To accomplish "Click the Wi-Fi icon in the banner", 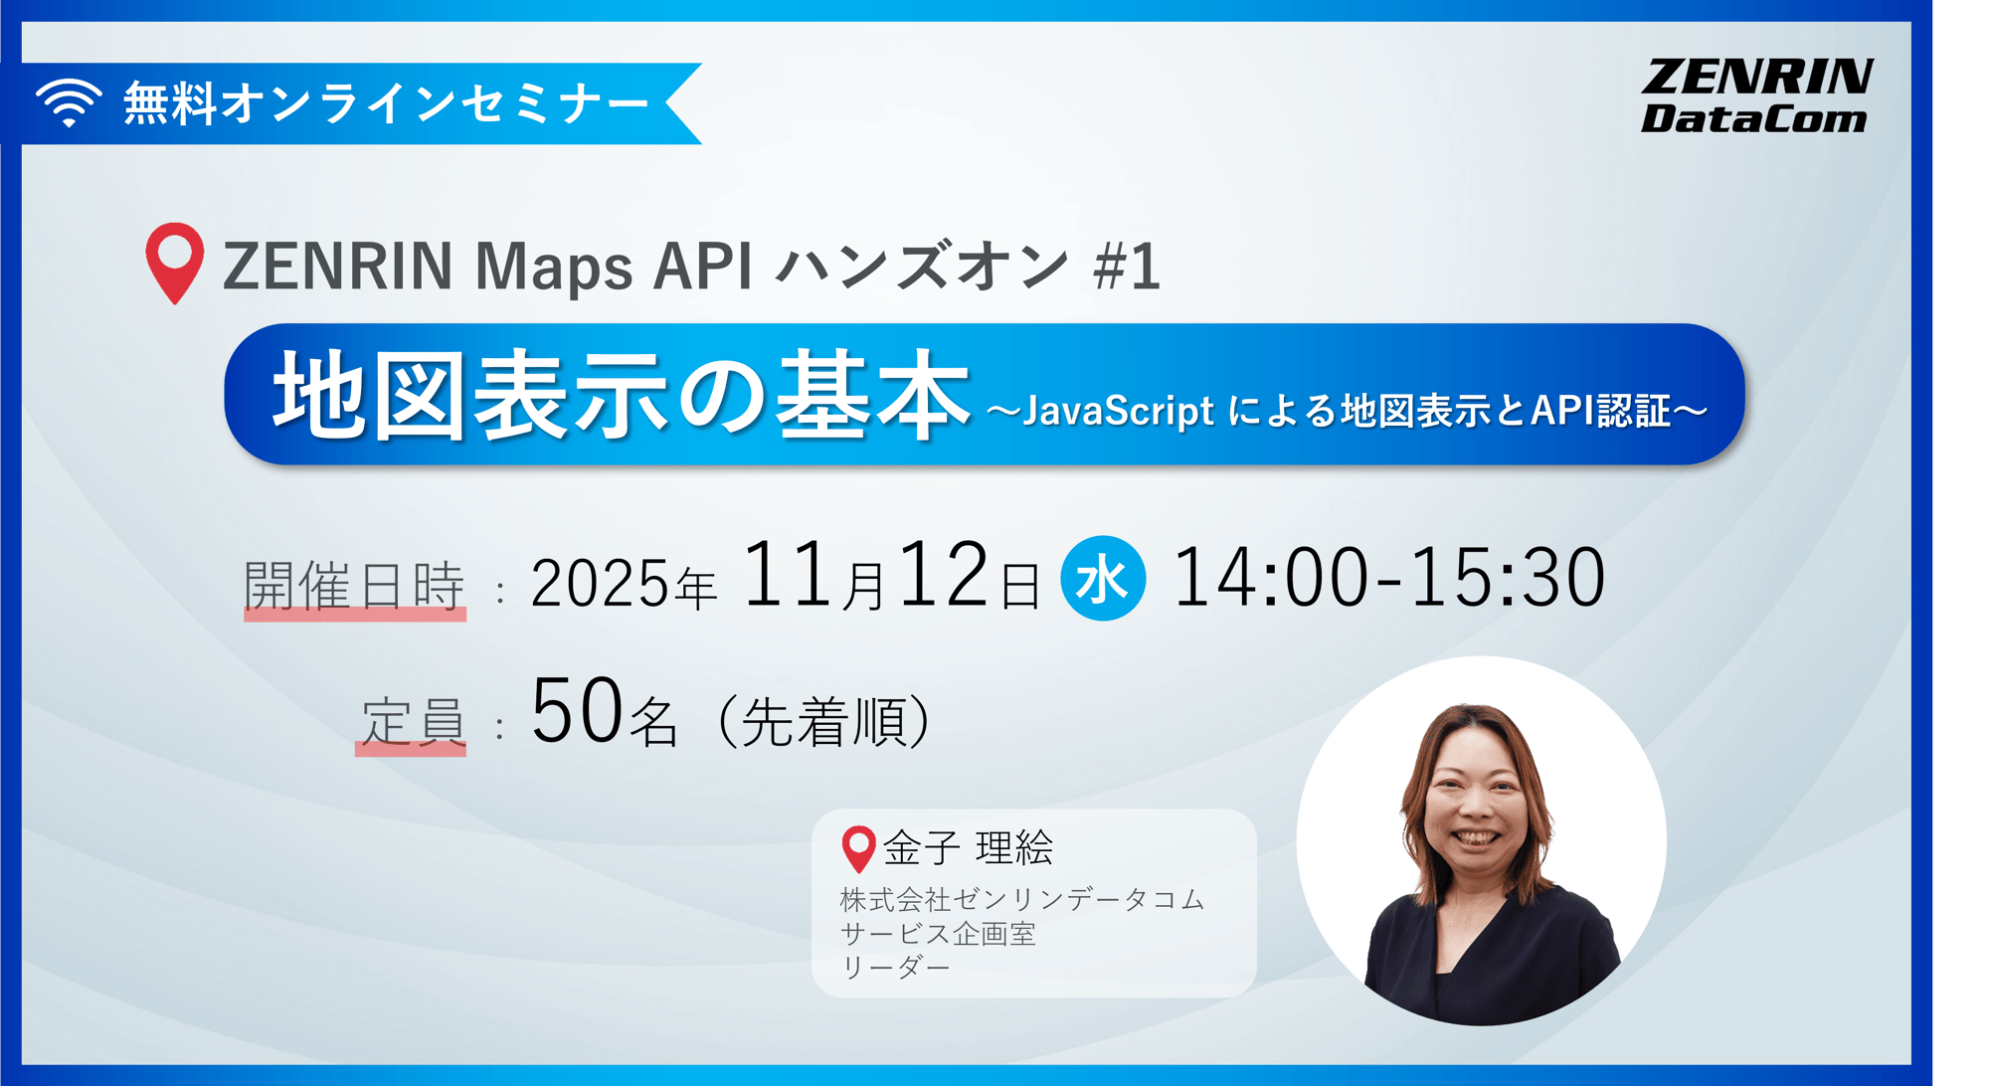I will coord(69,102).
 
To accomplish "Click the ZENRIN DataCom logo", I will coord(1755,95).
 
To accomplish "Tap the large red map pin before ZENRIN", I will coord(175,261).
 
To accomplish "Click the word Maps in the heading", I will coord(553,267).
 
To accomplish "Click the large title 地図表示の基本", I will coord(621,396).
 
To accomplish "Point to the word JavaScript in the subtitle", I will coord(1118,411).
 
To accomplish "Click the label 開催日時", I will coord(354,585).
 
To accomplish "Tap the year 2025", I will coord(600,583).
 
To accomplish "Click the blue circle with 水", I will coord(1102,579).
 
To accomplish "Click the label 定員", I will coord(412,720).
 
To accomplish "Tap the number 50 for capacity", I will coord(577,711).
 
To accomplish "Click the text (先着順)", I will coord(822,721).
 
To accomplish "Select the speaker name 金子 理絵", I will coord(968,847).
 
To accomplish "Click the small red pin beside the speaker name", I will coord(858,847).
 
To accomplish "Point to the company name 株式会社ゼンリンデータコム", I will coord(1021,899).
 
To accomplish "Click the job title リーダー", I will coord(895,967).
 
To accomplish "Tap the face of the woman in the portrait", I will coord(1477,806).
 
